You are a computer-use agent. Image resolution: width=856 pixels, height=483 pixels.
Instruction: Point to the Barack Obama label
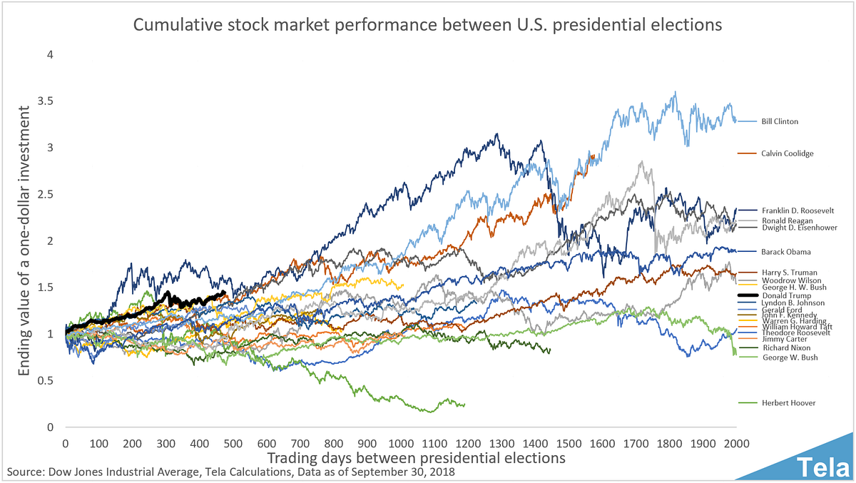point(786,252)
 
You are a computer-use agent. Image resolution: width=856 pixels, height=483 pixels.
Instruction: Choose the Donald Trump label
point(785,295)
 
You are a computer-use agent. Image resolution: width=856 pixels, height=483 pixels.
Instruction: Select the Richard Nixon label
point(785,348)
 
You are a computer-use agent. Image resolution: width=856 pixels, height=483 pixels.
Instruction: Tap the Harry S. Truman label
point(788,273)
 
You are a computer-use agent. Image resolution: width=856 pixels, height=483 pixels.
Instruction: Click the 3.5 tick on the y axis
point(45,101)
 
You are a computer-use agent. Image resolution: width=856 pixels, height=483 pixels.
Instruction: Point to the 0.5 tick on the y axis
point(45,381)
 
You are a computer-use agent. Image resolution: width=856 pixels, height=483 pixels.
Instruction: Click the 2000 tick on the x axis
point(736,442)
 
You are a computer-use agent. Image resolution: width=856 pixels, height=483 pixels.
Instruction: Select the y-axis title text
point(24,240)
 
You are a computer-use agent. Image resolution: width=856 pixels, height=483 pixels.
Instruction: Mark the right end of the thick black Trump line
point(225,293)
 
